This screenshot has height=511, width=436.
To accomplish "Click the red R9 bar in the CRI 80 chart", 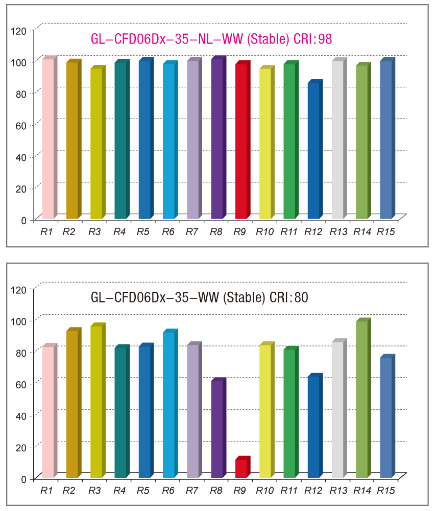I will [241, 468].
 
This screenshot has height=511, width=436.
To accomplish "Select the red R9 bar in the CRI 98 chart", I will [241, 141].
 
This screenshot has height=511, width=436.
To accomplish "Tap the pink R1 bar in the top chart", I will [48, 138].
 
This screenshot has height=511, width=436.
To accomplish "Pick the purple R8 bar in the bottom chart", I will [216, 429].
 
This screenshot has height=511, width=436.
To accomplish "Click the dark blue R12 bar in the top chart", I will [313, 151].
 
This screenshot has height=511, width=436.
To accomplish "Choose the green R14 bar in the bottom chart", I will [361, 399].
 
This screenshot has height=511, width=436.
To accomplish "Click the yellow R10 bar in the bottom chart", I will [265, 411].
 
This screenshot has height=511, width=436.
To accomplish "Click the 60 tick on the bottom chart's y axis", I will [21, 383].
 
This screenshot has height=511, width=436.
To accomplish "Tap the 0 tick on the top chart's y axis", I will [23, 220].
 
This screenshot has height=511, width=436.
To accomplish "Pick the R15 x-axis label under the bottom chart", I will [386, 491].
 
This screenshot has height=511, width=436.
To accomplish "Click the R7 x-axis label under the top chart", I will [191, 232].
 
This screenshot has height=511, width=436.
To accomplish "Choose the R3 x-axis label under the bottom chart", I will [94, 491].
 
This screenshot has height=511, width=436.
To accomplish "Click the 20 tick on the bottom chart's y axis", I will [21, 447].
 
